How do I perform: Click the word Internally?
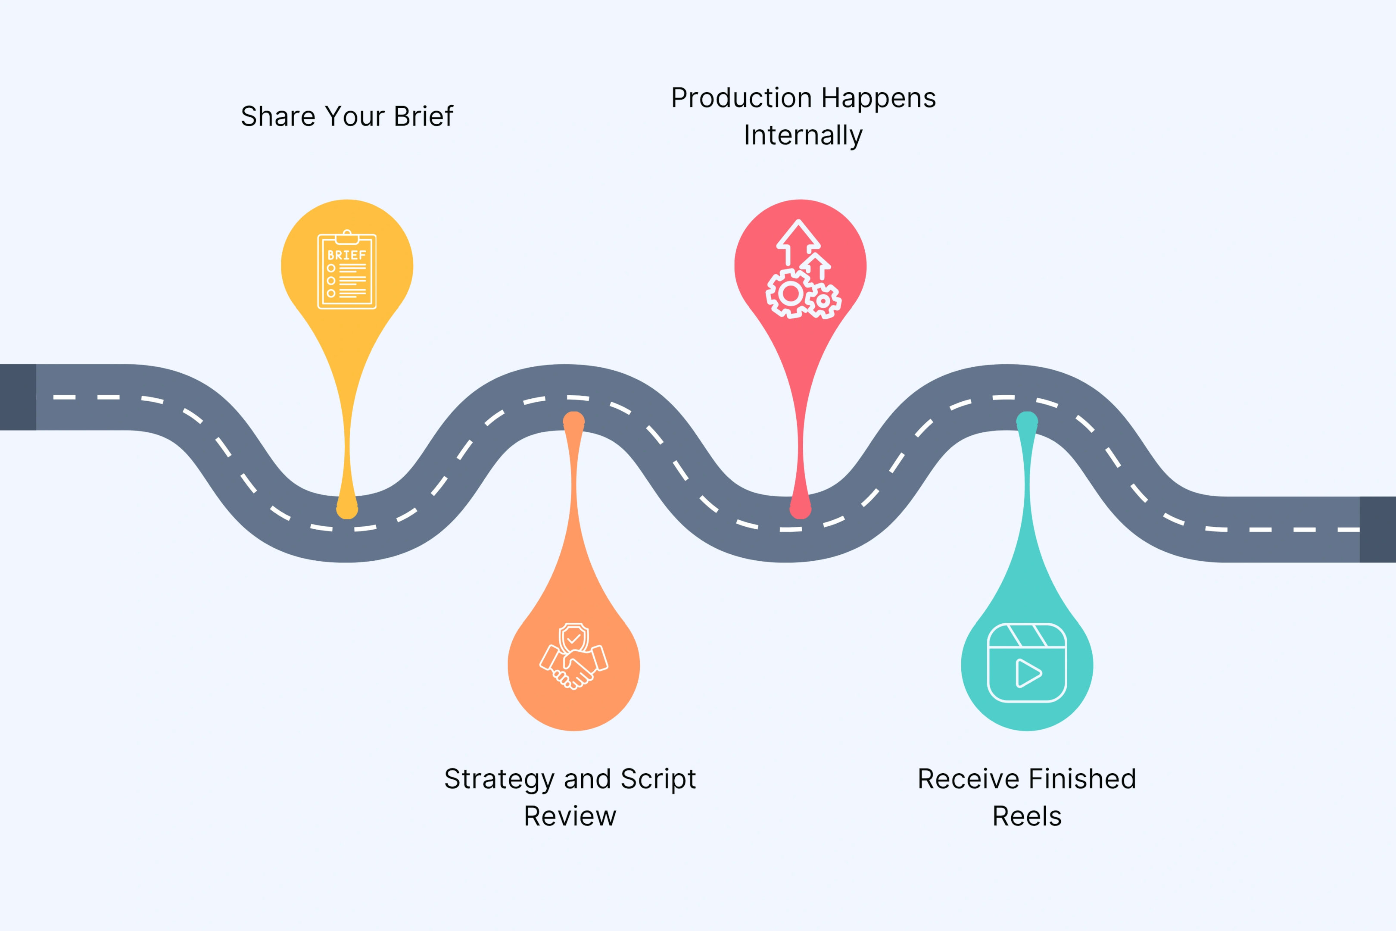pos(803,135)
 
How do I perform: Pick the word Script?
pos(658,780)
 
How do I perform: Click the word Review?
pos(570,816)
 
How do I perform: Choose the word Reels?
pos(1027,816)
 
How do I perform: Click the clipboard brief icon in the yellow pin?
pos(347,270)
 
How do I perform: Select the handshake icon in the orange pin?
pos(573,656)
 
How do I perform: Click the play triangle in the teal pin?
pos(1028,673)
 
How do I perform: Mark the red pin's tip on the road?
pos(800,509)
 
